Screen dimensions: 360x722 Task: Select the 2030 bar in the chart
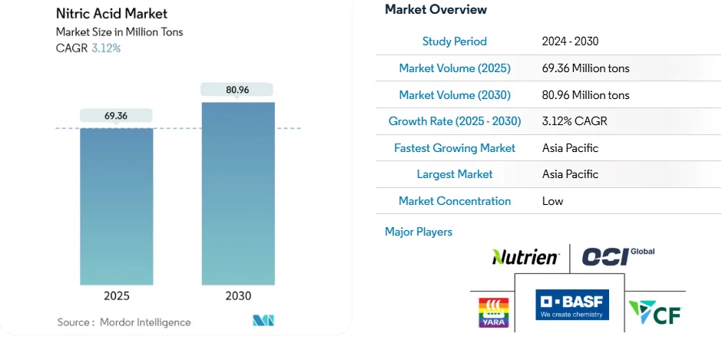pyautogui.click(x=238, y=193)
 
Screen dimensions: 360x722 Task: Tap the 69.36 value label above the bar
pyautogui.click(x=116, y=116)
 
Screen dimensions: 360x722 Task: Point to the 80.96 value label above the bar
pyautogui.click(x=238, y=90)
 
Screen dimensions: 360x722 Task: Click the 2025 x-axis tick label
pyautogui.click(x=116, y=296)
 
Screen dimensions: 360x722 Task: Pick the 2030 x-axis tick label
pyautogui.click(x=238, y=296)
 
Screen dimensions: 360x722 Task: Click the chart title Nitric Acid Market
pyautogui.click(x=111, y=14)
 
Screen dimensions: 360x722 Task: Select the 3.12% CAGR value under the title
pyautogui.click(x=106, y=48)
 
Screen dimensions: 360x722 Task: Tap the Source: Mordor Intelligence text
pyautogui.click(x=124, y=322)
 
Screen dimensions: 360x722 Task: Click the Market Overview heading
pyautogui.click(x=436, y=9)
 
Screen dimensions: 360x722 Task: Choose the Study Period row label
pyautogui.click(x=454, y=41)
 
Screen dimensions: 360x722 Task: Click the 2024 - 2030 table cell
pyautogui.click(x=570, y=41)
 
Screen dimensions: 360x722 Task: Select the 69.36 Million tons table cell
pyautogui.click(x=585, y=68)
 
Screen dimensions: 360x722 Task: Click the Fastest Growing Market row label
pyautogui.click(x=454, y=148)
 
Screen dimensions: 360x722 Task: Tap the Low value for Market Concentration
pyautogui.click(x=552, y=201)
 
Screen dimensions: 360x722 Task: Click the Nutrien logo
pyautogui.click(x=525, y=257)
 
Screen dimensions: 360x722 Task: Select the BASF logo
pyautogui.click(x=572, y=305)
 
